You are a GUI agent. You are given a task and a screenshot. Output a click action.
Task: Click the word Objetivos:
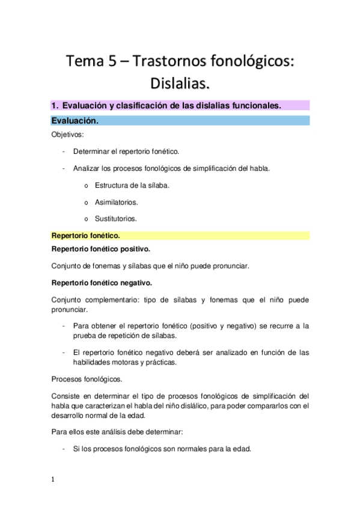click(x=67, y=135)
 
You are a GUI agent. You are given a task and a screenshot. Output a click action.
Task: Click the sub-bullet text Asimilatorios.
click(x=116, y=202)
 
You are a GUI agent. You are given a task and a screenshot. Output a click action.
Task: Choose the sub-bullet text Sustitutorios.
click(x=115, y=219)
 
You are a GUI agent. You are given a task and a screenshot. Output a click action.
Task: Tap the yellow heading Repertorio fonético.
click(x=85, y=236)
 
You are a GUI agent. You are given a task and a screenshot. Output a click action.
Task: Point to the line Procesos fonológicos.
click(x=87, y=379)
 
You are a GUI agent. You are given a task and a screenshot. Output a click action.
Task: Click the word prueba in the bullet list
click(x=85, y=335)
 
